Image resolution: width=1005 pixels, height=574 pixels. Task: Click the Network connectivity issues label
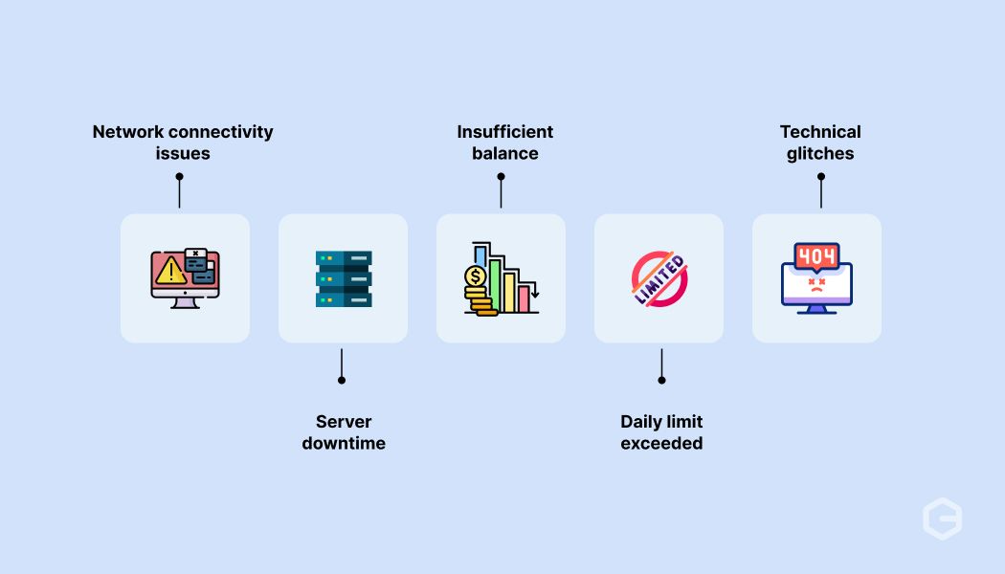coord(183,143)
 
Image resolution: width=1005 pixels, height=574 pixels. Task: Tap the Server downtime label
coord(344,432)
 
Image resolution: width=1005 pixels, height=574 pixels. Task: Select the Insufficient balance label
coord(505,143)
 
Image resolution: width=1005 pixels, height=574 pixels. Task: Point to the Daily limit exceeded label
coord(661,432)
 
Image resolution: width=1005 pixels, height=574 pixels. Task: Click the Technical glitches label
coord(820,143)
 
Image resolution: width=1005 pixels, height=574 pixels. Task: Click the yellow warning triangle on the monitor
coord(170,271)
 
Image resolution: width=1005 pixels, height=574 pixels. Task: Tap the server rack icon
coord(344,278)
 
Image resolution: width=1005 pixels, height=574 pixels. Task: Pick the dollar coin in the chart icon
coord(476,276)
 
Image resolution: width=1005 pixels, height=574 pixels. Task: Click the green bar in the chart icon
coord(495,286)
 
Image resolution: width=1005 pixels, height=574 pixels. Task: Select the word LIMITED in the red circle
coord(659,279)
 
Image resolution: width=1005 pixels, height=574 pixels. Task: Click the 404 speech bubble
coord(816,257)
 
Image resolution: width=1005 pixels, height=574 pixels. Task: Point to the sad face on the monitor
coord(816,285)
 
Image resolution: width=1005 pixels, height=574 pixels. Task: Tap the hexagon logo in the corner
coord(942,519)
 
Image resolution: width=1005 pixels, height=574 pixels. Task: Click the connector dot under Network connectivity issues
coord(180,176)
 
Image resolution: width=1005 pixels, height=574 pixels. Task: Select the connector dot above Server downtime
coord(342,381)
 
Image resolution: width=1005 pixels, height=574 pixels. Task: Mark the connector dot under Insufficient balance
coord(502,176)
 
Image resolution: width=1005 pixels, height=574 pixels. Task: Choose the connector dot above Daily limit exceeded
coord(662,381)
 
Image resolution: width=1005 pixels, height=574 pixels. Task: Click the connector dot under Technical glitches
coord(821,176)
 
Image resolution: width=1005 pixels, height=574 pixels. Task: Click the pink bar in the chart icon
coord(524,299)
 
